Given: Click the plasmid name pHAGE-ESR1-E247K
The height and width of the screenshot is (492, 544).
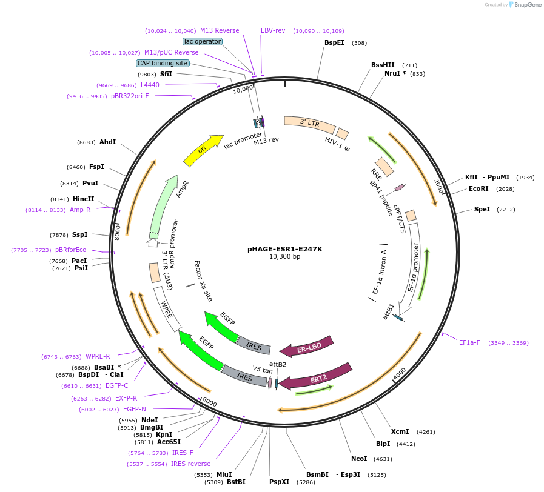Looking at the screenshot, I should [x=284, y=248].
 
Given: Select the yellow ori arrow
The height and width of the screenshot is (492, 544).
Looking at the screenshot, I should [x=204, y=151].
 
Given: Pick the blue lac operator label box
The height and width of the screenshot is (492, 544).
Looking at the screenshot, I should [x=203, y=41].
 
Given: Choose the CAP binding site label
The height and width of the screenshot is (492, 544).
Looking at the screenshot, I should [x=163, y=63].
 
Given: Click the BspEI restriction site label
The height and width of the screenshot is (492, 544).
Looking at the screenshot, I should [x=334, y=42].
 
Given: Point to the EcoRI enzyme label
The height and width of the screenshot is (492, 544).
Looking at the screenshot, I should [x=479, y=189].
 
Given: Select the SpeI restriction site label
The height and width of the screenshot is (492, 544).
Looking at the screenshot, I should [x=482, y=210].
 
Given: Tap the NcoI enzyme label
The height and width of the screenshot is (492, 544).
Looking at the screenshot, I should [x=359, y=458].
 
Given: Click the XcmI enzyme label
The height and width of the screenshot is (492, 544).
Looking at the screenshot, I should [x=400, y=432].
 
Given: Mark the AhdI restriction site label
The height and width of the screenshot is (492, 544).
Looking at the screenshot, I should [x=107, y=142].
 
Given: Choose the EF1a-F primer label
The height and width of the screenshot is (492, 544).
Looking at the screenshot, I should [x=469, y=342].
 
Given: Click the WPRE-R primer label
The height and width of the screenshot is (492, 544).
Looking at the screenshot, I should [x=98, y=356].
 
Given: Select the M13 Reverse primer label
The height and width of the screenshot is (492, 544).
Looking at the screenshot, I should [x=220, y=30].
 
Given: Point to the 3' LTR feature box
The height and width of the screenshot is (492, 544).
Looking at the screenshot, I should [x=309, y=124].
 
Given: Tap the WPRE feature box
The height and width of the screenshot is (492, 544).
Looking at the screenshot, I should [x=167, y=308].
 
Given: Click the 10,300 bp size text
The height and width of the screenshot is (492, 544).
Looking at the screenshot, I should [x=284, y=256].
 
